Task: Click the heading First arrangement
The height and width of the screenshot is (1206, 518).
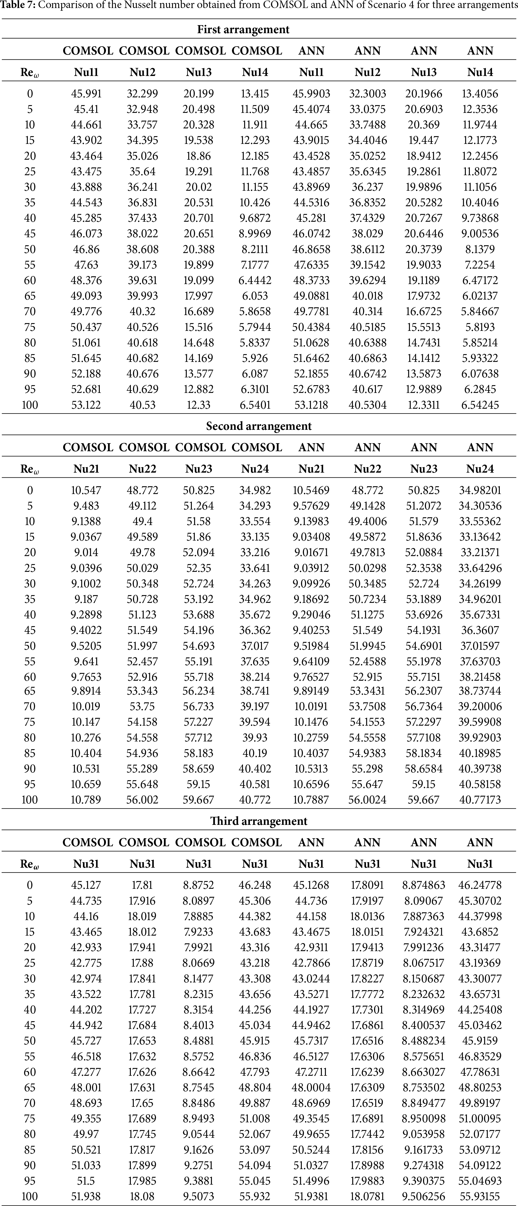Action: click(243, 29)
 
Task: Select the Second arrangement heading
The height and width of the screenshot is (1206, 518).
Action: click(258, 426)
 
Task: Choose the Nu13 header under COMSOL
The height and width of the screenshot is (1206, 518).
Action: click(199, 72)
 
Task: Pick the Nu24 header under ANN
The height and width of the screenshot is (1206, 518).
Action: click(480, 469)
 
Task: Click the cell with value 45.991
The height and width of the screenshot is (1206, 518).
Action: click(86, 94)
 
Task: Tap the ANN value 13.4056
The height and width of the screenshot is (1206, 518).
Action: click(480, 94)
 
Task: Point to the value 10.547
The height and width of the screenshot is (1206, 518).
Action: click(86, 490)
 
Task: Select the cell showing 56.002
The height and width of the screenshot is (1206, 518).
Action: click(142, 800)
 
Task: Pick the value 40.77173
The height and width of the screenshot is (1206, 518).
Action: click(480, 800)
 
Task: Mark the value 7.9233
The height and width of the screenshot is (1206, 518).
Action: click(199, 932)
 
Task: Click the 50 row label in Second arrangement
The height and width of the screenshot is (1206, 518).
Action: click(29, 646)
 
